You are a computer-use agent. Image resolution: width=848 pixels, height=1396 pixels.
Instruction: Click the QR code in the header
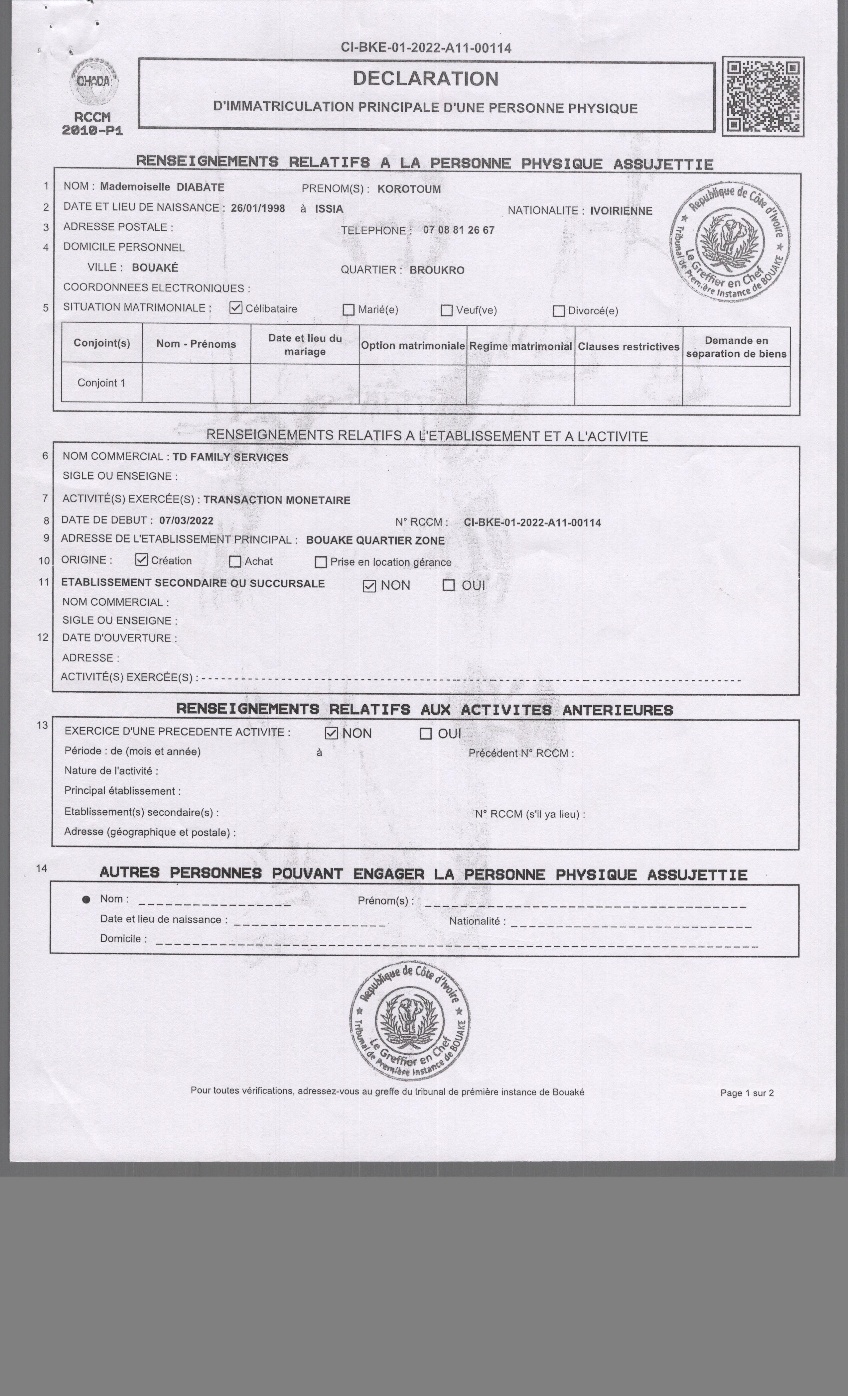click(x=763, y=96)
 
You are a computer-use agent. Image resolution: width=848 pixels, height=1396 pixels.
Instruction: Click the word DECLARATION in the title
click(x=426, y=79)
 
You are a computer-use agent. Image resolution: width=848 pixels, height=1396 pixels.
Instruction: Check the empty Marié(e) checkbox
click(x=349, y=310)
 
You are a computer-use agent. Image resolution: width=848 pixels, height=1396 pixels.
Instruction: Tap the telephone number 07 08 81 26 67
click(x=459, y=230)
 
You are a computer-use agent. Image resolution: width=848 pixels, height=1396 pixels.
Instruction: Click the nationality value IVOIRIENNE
click(x=621, y=211)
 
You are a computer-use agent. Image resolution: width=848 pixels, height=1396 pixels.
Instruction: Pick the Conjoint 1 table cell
click(x=101, y=383)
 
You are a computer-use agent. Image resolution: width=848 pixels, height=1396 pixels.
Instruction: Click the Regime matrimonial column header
click(x=520, y=346)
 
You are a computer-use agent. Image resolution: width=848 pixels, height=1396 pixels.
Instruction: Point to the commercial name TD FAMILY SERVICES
click(x=230, y=457)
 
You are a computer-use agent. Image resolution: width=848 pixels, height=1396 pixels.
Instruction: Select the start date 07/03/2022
click(x=186, y=521)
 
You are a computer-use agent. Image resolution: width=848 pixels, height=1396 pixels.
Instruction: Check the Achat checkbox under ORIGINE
click(x=235, y=561)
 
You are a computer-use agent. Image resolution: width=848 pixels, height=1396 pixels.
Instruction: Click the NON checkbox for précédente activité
click(x=331, y=733)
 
